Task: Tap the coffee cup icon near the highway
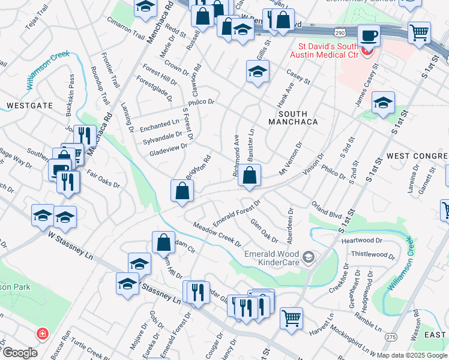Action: (x=369, y=35)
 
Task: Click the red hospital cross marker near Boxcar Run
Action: (x=43, y=333)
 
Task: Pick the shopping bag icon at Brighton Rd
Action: (x=182, y=191)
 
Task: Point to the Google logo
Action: (x=20, y=353)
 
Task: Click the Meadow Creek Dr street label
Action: (x=217, y=235)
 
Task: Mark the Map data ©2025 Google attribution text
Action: (x=411, y=355)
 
